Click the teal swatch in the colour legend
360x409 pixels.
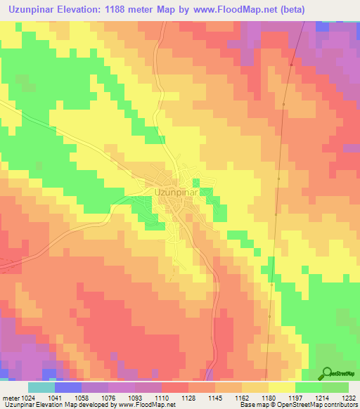pyautogui.click(x=41, y=387)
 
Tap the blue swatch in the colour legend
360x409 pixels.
pyautogui.click(x=67, y=387)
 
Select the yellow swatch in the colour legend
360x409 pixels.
pyautogui.click(x=281, y=387)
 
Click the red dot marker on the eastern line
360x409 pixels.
pyautogui.click(x=290, y=65)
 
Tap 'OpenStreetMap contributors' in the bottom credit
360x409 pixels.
pyautogui.click(x=323, y=405)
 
